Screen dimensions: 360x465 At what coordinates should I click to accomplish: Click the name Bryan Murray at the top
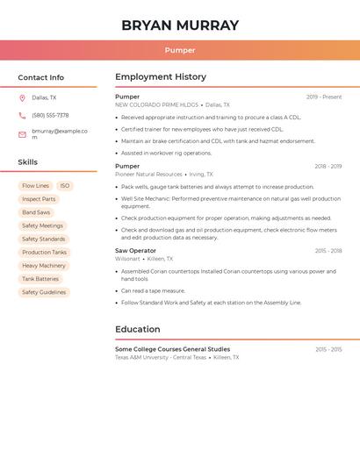tap(179, 25)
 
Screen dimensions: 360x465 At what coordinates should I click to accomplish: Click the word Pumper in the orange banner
tap(179, 50)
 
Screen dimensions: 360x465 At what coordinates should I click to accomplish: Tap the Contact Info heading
tap(40, 77)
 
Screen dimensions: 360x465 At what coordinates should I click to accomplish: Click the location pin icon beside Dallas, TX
tap(22, 98)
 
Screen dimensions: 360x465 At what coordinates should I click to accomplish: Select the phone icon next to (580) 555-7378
tap(22, 116)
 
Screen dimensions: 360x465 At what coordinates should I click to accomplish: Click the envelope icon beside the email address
tap(22, 134)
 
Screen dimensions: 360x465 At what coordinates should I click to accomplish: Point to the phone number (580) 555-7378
tap(50, 116)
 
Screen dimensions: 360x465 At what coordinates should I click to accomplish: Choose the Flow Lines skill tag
tap(35, 186)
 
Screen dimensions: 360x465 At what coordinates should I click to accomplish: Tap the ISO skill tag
tap(64, 186)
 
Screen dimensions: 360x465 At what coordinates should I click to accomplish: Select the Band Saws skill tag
tap(36, 212)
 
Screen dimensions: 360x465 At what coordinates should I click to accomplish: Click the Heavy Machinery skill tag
tap(44, 266)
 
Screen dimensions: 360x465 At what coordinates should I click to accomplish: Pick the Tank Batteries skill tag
tap(40, 279)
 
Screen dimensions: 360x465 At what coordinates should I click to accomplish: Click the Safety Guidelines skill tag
tap(44, 292)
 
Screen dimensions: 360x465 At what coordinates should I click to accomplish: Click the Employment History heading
tap(161, 77)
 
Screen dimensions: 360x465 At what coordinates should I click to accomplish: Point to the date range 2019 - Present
tap(324, 97)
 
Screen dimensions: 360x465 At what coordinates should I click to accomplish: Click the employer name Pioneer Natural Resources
tap(148, 175)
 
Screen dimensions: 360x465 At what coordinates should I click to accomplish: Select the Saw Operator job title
tap(135, 251)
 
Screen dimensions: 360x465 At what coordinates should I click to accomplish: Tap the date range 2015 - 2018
tap(328, 251)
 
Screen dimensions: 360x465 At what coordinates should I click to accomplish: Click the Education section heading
tap(137, 330)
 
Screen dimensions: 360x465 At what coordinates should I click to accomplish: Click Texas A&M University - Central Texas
tap(161, 358)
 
